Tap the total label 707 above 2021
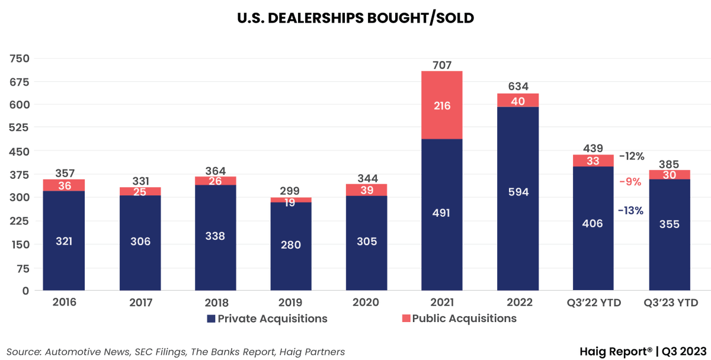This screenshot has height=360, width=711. coord(441,64)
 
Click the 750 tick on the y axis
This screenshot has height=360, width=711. coord(20,58)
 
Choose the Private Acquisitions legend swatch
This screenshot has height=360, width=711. coord(212,319)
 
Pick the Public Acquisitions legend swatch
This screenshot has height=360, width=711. coord(406,319)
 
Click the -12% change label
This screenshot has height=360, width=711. coord(631,156)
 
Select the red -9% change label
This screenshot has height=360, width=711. coord(630,182)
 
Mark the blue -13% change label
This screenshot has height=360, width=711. coord(630,210)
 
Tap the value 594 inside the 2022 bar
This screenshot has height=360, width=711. coord(517,192)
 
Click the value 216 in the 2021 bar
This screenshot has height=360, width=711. coord(441,106)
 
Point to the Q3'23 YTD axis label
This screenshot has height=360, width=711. coord(671,303)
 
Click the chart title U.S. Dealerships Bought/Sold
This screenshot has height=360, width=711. coord(355,18)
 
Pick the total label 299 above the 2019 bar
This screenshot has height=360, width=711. coord(290,191)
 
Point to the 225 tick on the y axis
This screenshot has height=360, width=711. coord(20,221)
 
